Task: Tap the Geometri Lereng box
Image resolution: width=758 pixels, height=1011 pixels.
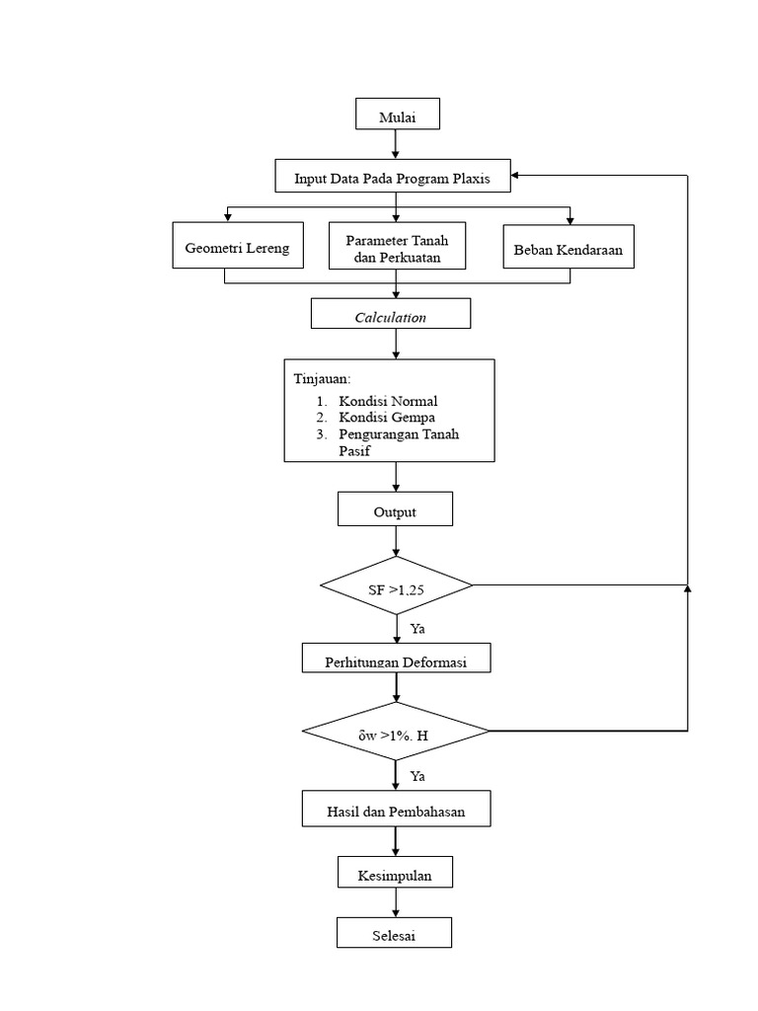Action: (237, 247)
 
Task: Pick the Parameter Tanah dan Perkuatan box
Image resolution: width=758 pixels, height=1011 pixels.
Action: (395, 247)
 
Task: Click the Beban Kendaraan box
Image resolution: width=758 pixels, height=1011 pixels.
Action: (568, 248)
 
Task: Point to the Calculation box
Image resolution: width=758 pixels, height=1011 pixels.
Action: (390, 315)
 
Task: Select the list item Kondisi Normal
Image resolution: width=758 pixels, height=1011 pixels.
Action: (387, 401)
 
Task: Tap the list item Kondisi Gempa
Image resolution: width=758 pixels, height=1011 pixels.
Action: (386, 418)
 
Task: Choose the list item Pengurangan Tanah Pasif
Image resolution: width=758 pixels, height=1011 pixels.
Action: (398, 441)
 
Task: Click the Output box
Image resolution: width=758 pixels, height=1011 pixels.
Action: (395, 510)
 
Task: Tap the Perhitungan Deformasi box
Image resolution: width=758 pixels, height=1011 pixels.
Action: (396, 660)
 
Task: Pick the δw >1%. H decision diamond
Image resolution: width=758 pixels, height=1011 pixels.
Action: (395, 732)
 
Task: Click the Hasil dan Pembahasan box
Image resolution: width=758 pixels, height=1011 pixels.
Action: (396, 811)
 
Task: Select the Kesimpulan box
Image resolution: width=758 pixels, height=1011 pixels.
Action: (395, 873)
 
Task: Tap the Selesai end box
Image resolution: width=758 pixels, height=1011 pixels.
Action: (395, 934)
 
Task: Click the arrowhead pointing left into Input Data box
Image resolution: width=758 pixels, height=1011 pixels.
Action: (519, 176)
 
